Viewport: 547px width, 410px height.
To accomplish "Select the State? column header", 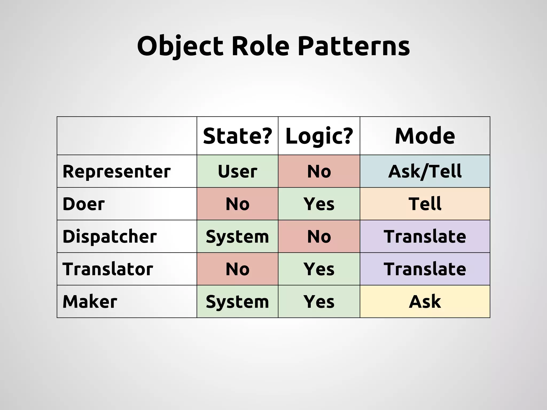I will (x=237, y=136).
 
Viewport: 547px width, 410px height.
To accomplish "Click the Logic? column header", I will (x=319, y=136).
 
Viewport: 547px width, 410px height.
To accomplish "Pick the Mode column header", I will (x=425, y=136).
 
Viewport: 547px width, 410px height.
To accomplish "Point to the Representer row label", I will (x=116, y=171).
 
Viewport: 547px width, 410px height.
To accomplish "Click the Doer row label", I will (x=84, y=204).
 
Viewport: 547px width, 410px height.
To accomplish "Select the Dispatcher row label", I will (x=110, y=236).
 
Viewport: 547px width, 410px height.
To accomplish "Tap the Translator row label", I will (x=108, y=269).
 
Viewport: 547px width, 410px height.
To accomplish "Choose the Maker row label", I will (x=90, y=302).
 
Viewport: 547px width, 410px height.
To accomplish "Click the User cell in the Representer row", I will (x=237, y=171).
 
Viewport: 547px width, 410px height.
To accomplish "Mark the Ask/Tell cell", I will (x=425, y=171).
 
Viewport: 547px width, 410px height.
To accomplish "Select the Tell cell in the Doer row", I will (x=425, y=204).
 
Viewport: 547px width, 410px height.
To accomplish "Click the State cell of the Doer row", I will (x=237, y=204).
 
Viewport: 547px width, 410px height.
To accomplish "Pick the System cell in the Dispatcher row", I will (x=237, y=236).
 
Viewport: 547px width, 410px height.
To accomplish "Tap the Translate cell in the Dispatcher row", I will (x=425, y=236).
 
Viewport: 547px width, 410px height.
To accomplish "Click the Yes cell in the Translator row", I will (x=319, y=269).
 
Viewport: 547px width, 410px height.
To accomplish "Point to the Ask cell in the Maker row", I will (x=425, y=302).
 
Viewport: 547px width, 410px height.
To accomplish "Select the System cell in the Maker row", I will (x=237, y=302).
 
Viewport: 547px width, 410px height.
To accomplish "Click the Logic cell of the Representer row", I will (x=319, y=171).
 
